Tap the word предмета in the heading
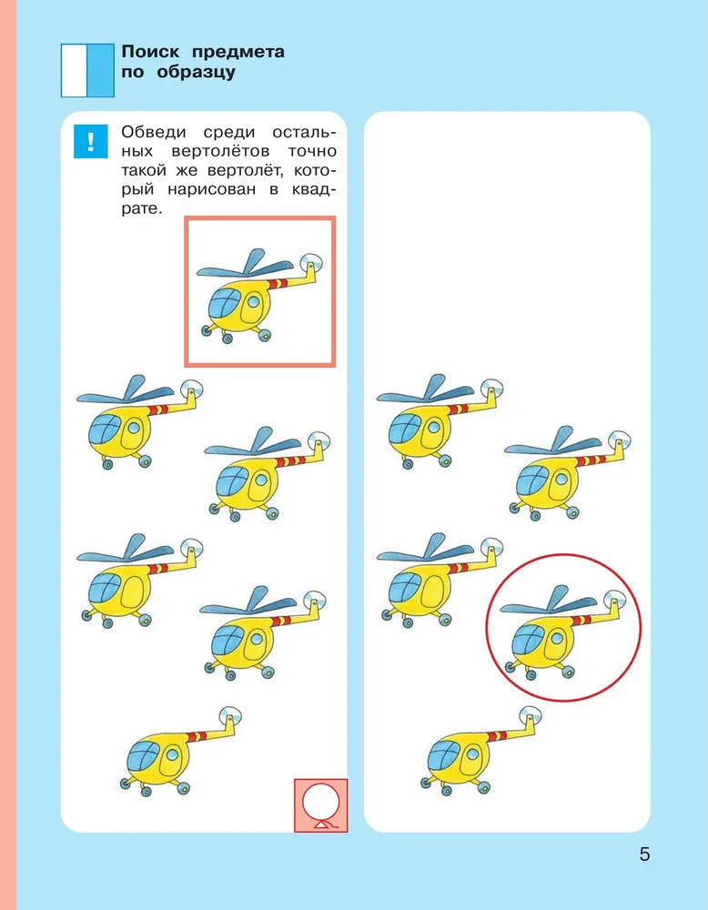[x=238, y=53]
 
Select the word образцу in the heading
[x=196, y=73]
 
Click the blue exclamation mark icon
[x=90, y=141]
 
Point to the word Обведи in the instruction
[x=154, y=132]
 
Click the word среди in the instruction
[x=229, y=133]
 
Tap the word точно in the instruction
[x=312, y=151]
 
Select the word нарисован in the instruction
[x=211, y=190]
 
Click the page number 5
[x=644, y=854]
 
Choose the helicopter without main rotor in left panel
[x=181, y=751]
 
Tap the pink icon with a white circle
[x=321, y=805]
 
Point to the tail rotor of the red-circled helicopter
[x=614, y=599]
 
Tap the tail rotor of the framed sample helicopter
[x=311, y=263]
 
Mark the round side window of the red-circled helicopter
[x=557, y=639]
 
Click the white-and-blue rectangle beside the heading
[x=87, y=70]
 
